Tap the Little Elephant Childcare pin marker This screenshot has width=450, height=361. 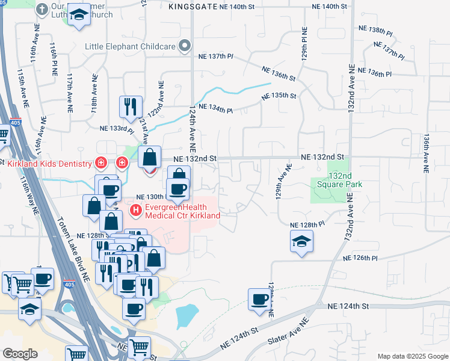coord(185,46)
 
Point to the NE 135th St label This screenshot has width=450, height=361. coord(279,96)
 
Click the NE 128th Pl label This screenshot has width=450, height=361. coord(307,224)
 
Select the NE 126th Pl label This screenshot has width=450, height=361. coord(360,258)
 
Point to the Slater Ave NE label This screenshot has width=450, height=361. coord(289,333)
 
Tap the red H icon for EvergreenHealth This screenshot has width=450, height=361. coord(135,210)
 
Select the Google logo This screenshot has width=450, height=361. coord(20,354)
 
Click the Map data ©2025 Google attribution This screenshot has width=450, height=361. coord(412,356)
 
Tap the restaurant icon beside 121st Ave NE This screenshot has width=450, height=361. coord(131,106)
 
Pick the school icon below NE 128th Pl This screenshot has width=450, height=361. coord(301,242)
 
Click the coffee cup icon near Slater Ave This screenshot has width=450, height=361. coord(260,298)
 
